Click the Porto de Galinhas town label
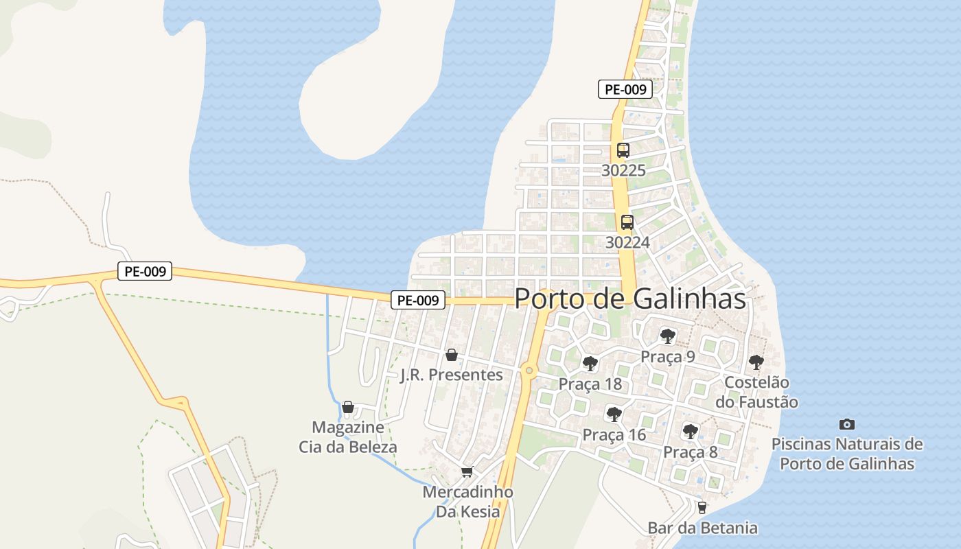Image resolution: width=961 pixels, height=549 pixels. tap(630, 299)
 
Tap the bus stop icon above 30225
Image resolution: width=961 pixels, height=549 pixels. tap(623, 150)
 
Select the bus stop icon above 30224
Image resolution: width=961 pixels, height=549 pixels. tap(627, 222)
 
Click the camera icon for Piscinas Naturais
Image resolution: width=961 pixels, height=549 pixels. tap(847, 425)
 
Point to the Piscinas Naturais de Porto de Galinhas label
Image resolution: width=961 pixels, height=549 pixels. tap(847, 454)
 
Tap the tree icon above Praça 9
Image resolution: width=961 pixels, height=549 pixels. tap(667, 336)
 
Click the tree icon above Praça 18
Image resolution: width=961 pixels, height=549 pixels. tap(590, 364)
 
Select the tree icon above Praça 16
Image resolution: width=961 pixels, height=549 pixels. tap(614, 414)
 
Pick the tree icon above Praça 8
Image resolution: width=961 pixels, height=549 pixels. tap(691, 432)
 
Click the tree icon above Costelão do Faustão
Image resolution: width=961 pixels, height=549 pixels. tap(756, 362)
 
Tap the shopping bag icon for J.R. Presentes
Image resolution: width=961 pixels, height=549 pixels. tap(452, 355)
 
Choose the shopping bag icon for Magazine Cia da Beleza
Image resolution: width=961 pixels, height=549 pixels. tap(348, 407)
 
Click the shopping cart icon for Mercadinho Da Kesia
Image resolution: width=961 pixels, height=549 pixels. tap(467, 471)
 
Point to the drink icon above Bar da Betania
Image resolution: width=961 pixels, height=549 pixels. tap(702, 508)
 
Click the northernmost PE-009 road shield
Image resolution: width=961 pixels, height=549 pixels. tap(625, 89)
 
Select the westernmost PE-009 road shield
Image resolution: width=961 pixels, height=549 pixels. tap(145, 272)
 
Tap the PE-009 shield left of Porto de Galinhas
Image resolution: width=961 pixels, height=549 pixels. tap(419, 300)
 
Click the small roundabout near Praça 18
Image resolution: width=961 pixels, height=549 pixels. tap(529, 371)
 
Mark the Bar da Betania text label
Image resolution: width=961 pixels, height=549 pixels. tap(703, 528)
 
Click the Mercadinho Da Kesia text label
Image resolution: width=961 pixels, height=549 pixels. tap(467, 502)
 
